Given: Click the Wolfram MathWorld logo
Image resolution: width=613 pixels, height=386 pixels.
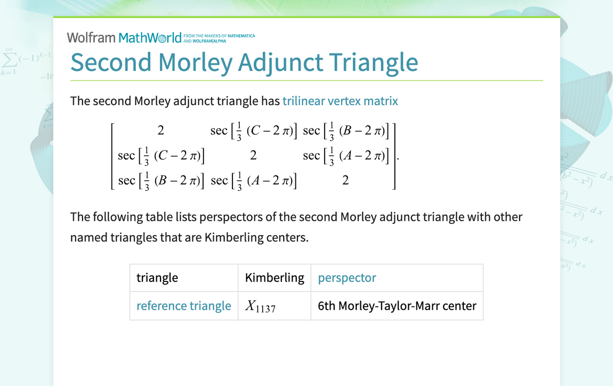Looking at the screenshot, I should (x=124, y=37).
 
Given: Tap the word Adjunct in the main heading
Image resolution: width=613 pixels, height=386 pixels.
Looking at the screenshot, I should (x=280, y=62).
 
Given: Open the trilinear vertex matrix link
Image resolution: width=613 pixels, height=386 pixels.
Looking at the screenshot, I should (x=340, y=101).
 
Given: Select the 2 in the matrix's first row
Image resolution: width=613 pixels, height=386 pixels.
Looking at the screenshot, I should (x=160, y=131).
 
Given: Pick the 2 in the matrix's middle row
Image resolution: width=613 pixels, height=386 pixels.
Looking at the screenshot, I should (x=253, y=156).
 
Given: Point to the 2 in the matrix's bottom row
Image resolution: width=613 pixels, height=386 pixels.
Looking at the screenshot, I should (x=345, y=181).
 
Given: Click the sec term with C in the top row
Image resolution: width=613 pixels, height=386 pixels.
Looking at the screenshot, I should (x=253, y=131).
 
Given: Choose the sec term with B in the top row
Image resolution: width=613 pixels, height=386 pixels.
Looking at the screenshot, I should (x=346, y=131).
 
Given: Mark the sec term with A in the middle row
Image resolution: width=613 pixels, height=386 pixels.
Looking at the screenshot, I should (x=346, y=156).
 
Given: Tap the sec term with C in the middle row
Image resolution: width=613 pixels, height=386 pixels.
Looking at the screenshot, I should (x=161, y=156).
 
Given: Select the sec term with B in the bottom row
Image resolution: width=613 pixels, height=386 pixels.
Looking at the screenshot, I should (x=161, y=181).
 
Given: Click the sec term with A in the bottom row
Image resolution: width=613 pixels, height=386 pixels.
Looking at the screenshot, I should (x=253, y=181).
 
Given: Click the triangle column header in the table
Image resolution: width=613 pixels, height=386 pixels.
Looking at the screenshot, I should (x=157, y=278).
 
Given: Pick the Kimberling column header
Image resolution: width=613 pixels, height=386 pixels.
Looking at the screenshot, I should (x=275, y=278).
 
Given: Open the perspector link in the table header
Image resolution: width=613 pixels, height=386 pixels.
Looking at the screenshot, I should (x=347, y=278).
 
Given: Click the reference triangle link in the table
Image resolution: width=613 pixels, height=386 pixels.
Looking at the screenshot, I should (x=184, y=305).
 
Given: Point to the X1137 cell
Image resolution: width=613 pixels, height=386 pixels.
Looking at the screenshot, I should (x=260, y=306).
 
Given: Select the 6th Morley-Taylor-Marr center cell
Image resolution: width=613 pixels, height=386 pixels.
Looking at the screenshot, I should (x=397, y=305).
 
